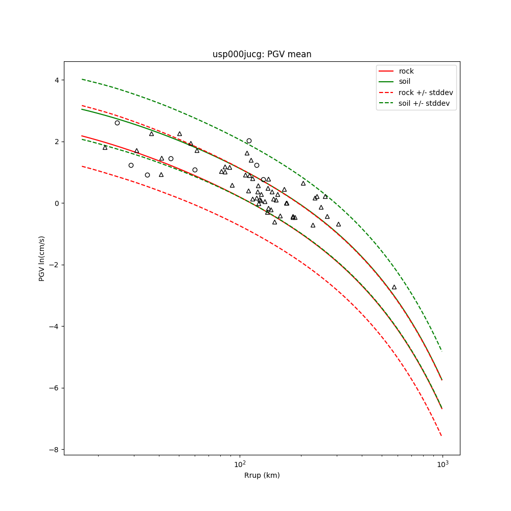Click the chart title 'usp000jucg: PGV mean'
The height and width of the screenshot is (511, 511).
(x=262, y=54)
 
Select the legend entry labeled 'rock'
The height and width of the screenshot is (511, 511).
(x=406, y=71)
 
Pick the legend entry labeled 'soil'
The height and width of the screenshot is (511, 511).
(x=404, y=82)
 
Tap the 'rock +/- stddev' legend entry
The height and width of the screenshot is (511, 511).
(x=426, y=92)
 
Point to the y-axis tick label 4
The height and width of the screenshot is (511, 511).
(x=56, y=80)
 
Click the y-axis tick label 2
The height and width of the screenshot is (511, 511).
(x=56, y=142)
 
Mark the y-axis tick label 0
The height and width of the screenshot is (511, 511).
(x=56, y=203)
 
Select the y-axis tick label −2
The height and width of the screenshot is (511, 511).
(x=54, y=265)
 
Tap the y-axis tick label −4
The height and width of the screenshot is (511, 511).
(x=54, y=327)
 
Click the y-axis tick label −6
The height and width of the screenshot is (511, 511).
(x=54, y=388)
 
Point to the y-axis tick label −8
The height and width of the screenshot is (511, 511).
(x=54, y=450)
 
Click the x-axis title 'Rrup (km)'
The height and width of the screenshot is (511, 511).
(x=262, y=475)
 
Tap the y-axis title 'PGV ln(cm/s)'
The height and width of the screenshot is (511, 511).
(x=42, y=258)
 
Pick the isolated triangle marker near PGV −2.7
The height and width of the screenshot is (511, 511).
(x=394, y=287)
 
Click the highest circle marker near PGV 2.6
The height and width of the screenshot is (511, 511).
(x=117, y=123)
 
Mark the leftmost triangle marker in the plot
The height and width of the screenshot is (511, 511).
(x=105, y=148)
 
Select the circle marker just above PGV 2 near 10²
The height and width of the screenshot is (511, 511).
(x=249, y=141)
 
